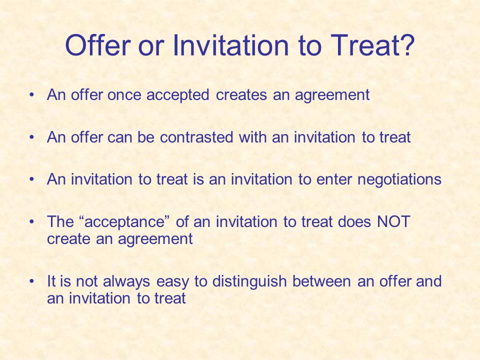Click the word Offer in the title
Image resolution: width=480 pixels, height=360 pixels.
(x=98, y=45)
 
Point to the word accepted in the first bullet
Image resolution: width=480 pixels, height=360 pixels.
(x=178, y=95)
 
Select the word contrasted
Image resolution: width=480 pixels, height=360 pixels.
(x=196, y=137)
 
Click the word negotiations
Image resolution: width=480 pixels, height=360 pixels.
(x=399, y=179)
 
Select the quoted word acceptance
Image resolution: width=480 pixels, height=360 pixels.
(x=124, y=222)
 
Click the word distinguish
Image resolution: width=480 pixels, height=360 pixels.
(x=249, y=281)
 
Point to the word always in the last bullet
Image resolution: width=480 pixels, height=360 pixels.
(x=126, y=281)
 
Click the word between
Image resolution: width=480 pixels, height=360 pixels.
(x=321, y=281)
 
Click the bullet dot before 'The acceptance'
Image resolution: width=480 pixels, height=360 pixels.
(x=31, y=221)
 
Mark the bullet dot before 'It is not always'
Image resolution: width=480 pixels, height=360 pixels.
(x=31, y=281)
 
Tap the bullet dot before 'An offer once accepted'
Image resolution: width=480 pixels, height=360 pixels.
(x=31, y=95)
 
